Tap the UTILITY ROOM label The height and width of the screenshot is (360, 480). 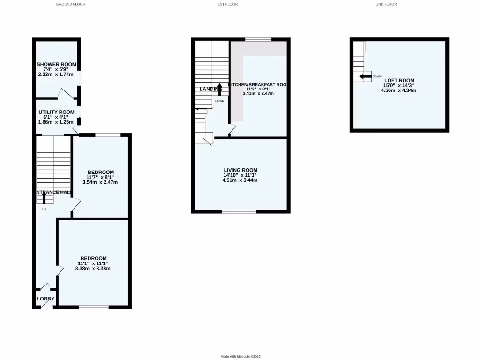coord(56,112)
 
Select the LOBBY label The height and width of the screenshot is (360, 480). coord(45,299)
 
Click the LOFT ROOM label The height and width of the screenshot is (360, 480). coord(399,80)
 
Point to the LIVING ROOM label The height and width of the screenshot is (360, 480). coord(240,170)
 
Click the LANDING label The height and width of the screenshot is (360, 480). coord(211,89)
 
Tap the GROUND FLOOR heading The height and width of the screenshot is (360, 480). coord(71,4)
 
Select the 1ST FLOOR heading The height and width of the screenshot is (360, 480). coord(228,4)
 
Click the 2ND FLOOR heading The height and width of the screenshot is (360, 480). coord(386,4)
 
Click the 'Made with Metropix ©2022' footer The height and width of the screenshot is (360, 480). coord(240,356)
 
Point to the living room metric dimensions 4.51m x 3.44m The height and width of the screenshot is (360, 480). coord(240,180)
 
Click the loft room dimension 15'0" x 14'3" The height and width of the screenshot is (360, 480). coord(399,85)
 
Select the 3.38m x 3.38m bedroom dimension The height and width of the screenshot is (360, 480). coord(93,269)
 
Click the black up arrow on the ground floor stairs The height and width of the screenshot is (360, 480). coord(45,197)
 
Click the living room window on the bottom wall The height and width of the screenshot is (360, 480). coord(239,212)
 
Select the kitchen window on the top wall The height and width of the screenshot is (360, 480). coord(258,40)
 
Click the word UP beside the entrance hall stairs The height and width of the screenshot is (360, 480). coord(44,209)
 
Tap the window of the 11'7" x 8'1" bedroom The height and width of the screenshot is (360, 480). coord(108,135)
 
